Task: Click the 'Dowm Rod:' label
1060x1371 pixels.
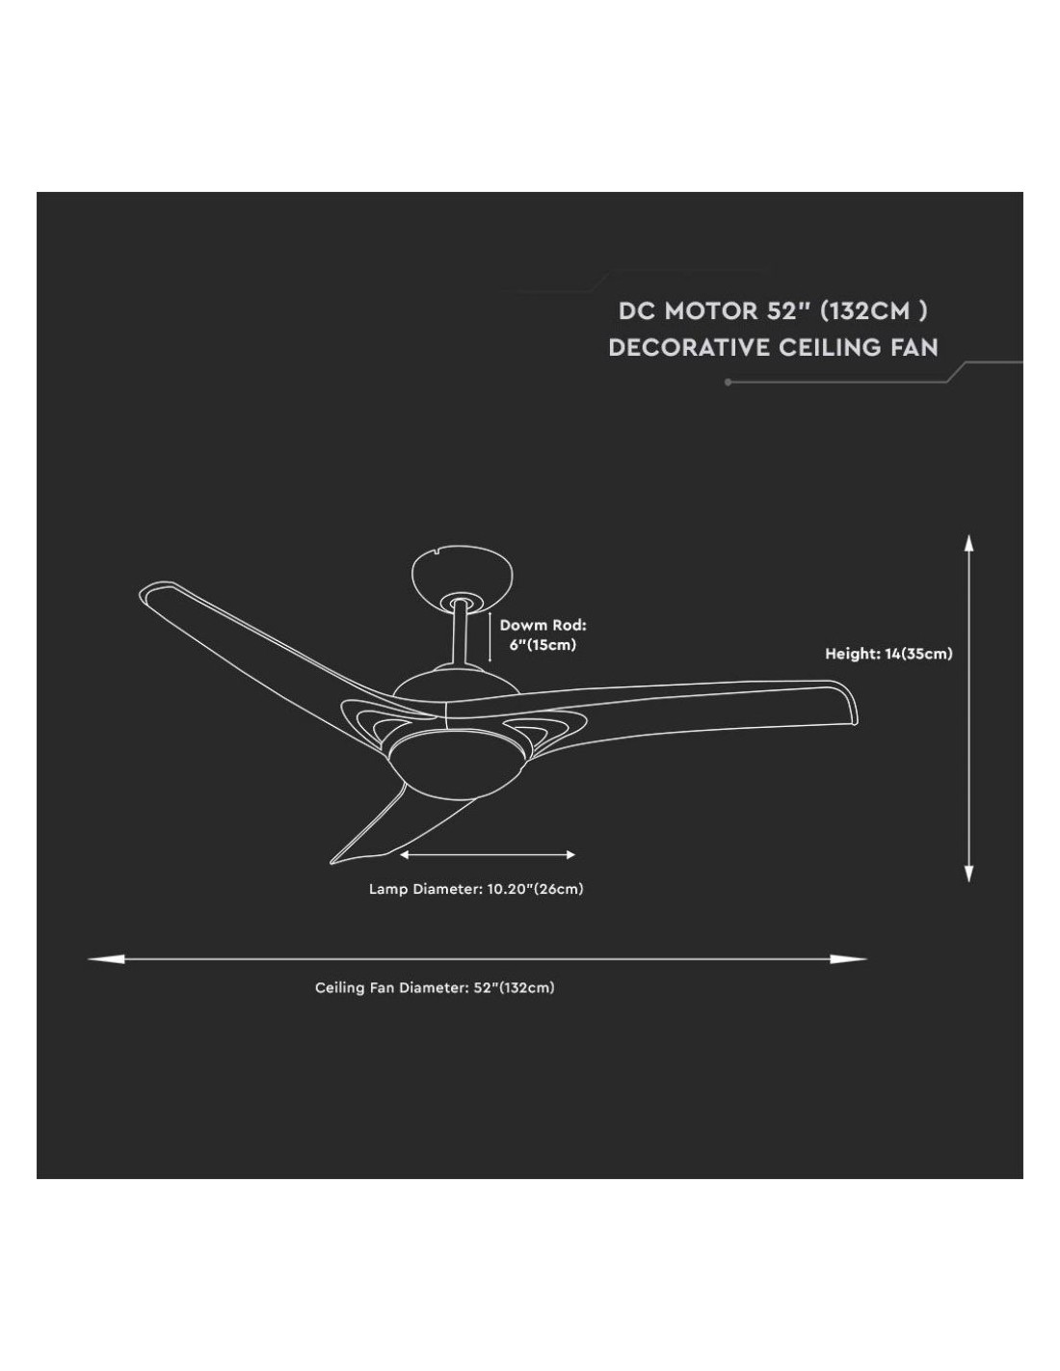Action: tap(543, 626)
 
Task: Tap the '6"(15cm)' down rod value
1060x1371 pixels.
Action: tap(543, 645)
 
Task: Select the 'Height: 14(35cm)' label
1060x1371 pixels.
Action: tap(888, 654)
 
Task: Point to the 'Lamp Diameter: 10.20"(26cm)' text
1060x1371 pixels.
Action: tap(476, 889)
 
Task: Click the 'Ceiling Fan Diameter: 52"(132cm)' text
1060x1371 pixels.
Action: tap(435, 987)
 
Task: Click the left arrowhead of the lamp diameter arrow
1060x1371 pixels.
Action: tap(405, 854)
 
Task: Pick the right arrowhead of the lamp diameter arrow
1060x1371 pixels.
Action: tap(570, 854)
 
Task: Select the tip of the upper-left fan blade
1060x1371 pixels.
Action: tap(149, 592)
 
